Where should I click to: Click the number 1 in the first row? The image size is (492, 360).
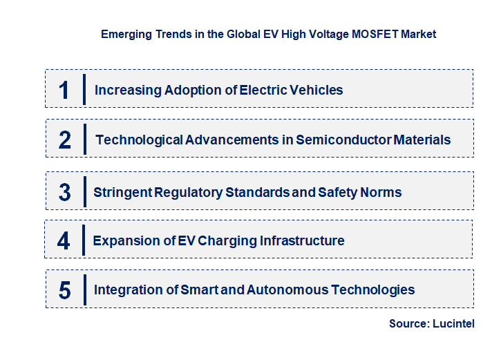[64, 90]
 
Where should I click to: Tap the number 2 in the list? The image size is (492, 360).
[65, 140]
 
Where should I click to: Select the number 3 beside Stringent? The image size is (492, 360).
[65, 192]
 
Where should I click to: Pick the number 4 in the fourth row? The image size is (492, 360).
[64, 240]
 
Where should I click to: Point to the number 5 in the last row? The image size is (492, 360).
[65, 290]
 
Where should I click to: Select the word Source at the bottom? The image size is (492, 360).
[408, 324]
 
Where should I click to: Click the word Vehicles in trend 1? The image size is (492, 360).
[317, 90]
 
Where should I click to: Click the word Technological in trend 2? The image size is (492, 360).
[140, 140]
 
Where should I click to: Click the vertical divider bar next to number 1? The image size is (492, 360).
[84, 89]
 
